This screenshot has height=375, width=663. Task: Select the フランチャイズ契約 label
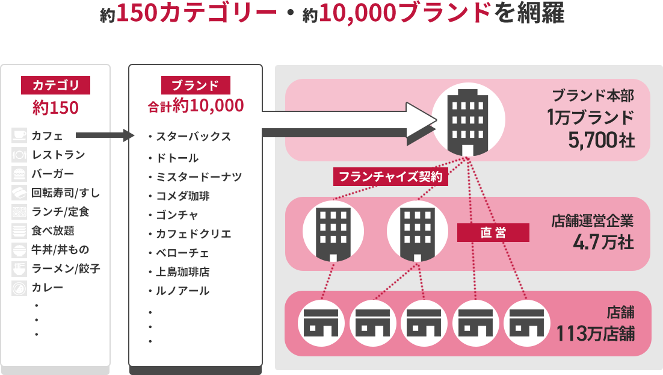[391, 177]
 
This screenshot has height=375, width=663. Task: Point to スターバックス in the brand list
[193, 137]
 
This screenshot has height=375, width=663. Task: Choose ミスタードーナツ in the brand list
[198, 177]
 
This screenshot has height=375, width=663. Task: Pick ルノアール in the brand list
[182, 291]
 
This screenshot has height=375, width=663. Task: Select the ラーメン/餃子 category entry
[66, 269]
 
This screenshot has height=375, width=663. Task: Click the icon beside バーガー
[19, 175]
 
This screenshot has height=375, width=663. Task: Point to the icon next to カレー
[19, 288]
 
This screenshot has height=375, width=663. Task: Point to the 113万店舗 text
[595, 333]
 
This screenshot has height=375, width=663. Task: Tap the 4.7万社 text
[603, 242]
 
